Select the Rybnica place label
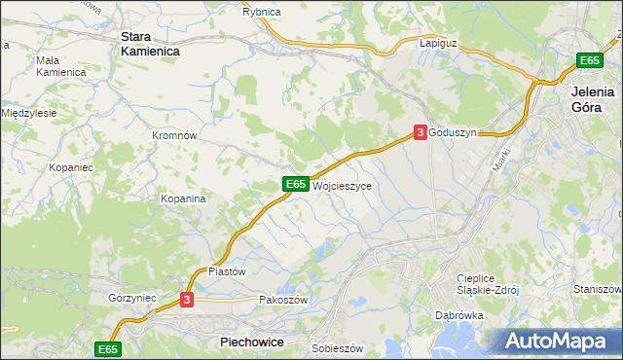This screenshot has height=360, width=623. click(x=262, y=12)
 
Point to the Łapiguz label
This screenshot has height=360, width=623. click(x=438, y=44)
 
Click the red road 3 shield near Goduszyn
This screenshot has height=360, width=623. click(x=420, y=131)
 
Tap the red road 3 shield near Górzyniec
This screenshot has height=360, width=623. click(x=188, y=301)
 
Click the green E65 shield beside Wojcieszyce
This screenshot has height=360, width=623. click(x=296, y=183)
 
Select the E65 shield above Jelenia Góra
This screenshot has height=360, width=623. click(x=588, y=60)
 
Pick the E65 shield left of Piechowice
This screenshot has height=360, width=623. click(x=108, y=348)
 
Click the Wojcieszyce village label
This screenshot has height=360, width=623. click(x=342, y=184)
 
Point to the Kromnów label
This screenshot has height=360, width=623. click(x=175, y=135)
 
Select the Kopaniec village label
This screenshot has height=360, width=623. click(x=69, y=167)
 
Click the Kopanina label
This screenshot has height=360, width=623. click(x=183, y=198)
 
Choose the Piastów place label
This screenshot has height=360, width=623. click(x=227, y=271)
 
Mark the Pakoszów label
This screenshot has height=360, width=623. click(x=283, y=300)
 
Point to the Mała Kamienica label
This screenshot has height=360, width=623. click(x=60, y=65)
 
